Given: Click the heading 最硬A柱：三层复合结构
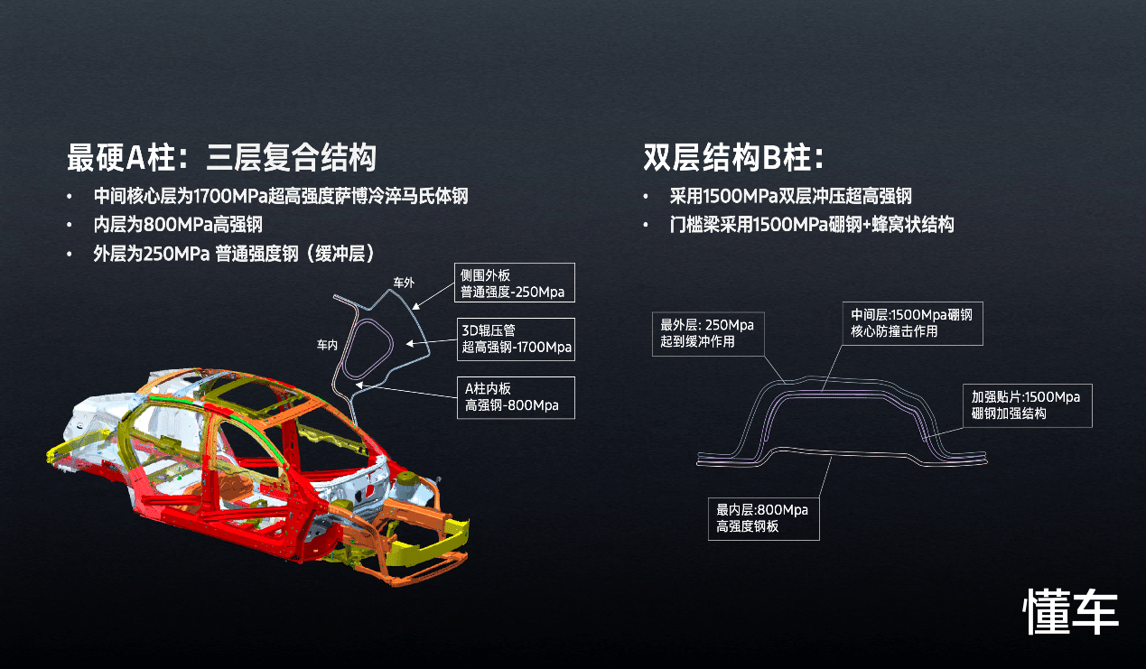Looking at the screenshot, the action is pos(221,157).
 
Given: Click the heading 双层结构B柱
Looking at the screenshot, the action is pos(733,157).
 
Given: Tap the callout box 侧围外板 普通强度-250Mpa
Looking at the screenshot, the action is pos(515,283).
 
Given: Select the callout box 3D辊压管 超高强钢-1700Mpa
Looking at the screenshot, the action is pos(516,339).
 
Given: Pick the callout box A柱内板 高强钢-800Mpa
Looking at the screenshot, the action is pos(516,397).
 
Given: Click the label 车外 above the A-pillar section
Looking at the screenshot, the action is pos(404,283).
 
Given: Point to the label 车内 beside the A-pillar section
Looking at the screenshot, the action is pos(327,345).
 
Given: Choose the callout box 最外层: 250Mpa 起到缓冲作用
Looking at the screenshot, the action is pos(708,334).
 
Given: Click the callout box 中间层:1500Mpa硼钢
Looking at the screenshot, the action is pos(912,323).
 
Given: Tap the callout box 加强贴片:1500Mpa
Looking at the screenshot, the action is pos(1028,405).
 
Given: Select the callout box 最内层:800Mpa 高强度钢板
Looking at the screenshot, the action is pos(763,518).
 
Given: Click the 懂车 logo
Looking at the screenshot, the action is pos(1071,611).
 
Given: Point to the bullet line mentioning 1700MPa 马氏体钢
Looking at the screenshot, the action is pos(281,196).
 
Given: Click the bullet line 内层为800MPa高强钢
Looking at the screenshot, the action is pos(178,225).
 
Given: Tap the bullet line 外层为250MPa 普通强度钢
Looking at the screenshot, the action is pos(234,254).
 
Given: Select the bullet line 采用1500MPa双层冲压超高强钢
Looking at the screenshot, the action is pos(791,196).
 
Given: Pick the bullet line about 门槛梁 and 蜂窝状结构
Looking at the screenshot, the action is pos(812,225).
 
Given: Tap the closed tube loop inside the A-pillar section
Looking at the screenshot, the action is pos(368,348).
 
